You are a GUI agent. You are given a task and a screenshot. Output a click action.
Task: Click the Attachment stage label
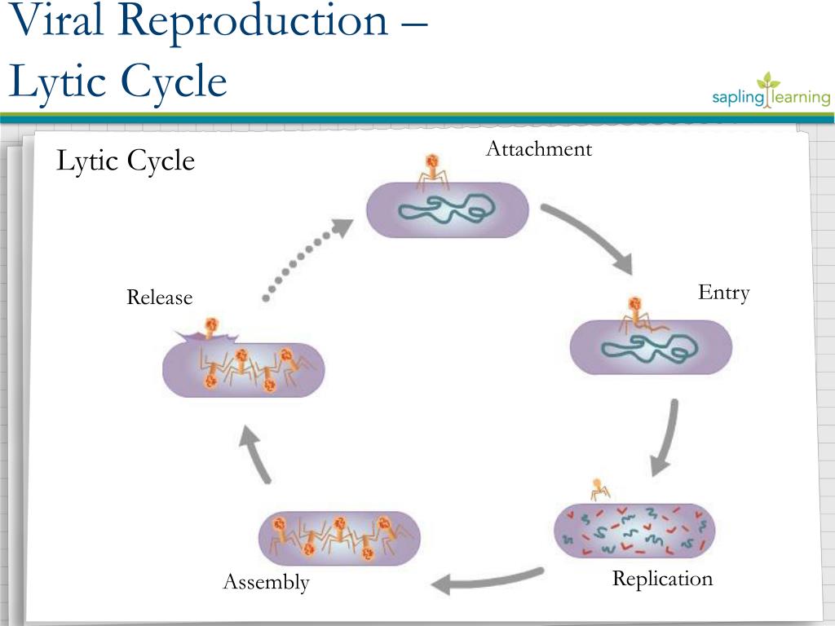(x=539, y=148)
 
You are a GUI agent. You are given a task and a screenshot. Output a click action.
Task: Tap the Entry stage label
(x=724, y=293)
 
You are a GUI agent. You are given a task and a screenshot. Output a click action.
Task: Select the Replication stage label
(x=662, y=579)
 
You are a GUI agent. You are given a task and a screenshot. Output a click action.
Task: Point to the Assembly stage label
(x=267, y=582)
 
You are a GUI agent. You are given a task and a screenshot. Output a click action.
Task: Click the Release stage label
(x=159, y=297)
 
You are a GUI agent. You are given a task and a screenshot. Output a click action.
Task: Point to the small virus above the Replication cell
(x=599, y=489)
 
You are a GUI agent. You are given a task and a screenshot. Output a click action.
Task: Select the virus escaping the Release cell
(x=211, y=328)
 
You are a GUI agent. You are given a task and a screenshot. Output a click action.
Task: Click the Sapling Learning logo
(x=771, y=91)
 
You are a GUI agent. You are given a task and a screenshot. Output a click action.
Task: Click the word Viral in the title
(x=56, y=20)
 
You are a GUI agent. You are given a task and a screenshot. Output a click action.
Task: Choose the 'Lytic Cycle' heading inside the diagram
(x=125, y=161)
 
